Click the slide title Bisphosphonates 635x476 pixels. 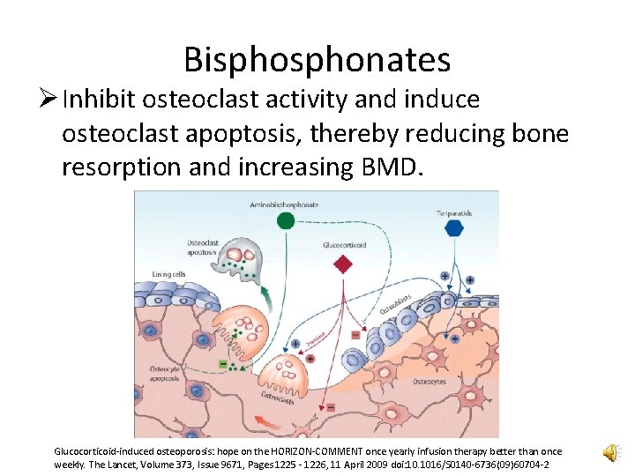point(317,60)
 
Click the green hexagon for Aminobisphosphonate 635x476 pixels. point(286,219)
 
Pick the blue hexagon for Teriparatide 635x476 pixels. point(454,228)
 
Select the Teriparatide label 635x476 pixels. point(456,212)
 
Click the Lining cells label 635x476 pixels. point(168,274)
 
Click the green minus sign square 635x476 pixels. point(221,361)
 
